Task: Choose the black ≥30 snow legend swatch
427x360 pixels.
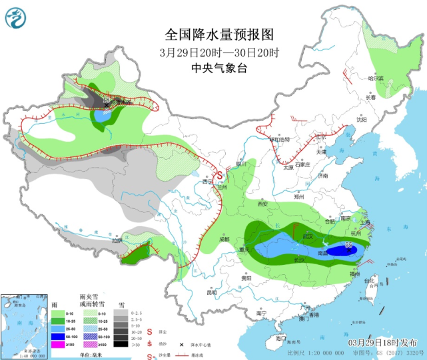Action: click(x=121, y=344)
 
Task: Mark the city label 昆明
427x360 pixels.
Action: click(x=212, y=293)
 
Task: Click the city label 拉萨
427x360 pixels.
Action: click(x=117, y=242)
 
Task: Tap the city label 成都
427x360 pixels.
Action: click(x=222, y=238)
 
